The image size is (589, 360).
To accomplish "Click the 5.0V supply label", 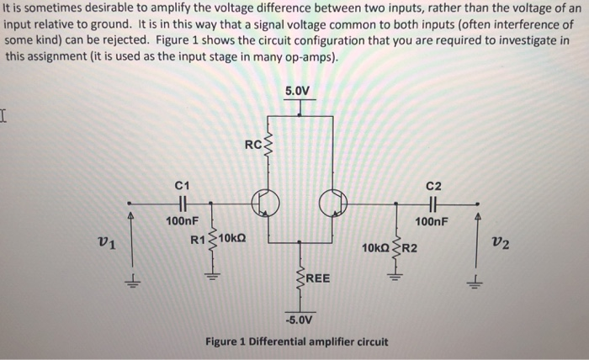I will [299, 90].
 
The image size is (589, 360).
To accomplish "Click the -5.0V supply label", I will [299, 320].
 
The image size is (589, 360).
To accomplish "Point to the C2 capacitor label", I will [433, 185].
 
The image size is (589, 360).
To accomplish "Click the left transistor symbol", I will [263, 203].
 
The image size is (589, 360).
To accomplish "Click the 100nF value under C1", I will [182, 220].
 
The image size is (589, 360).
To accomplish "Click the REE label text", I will [319, 278].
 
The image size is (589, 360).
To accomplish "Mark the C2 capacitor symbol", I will [433, 203].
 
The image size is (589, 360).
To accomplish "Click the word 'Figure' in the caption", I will [225, 342].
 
